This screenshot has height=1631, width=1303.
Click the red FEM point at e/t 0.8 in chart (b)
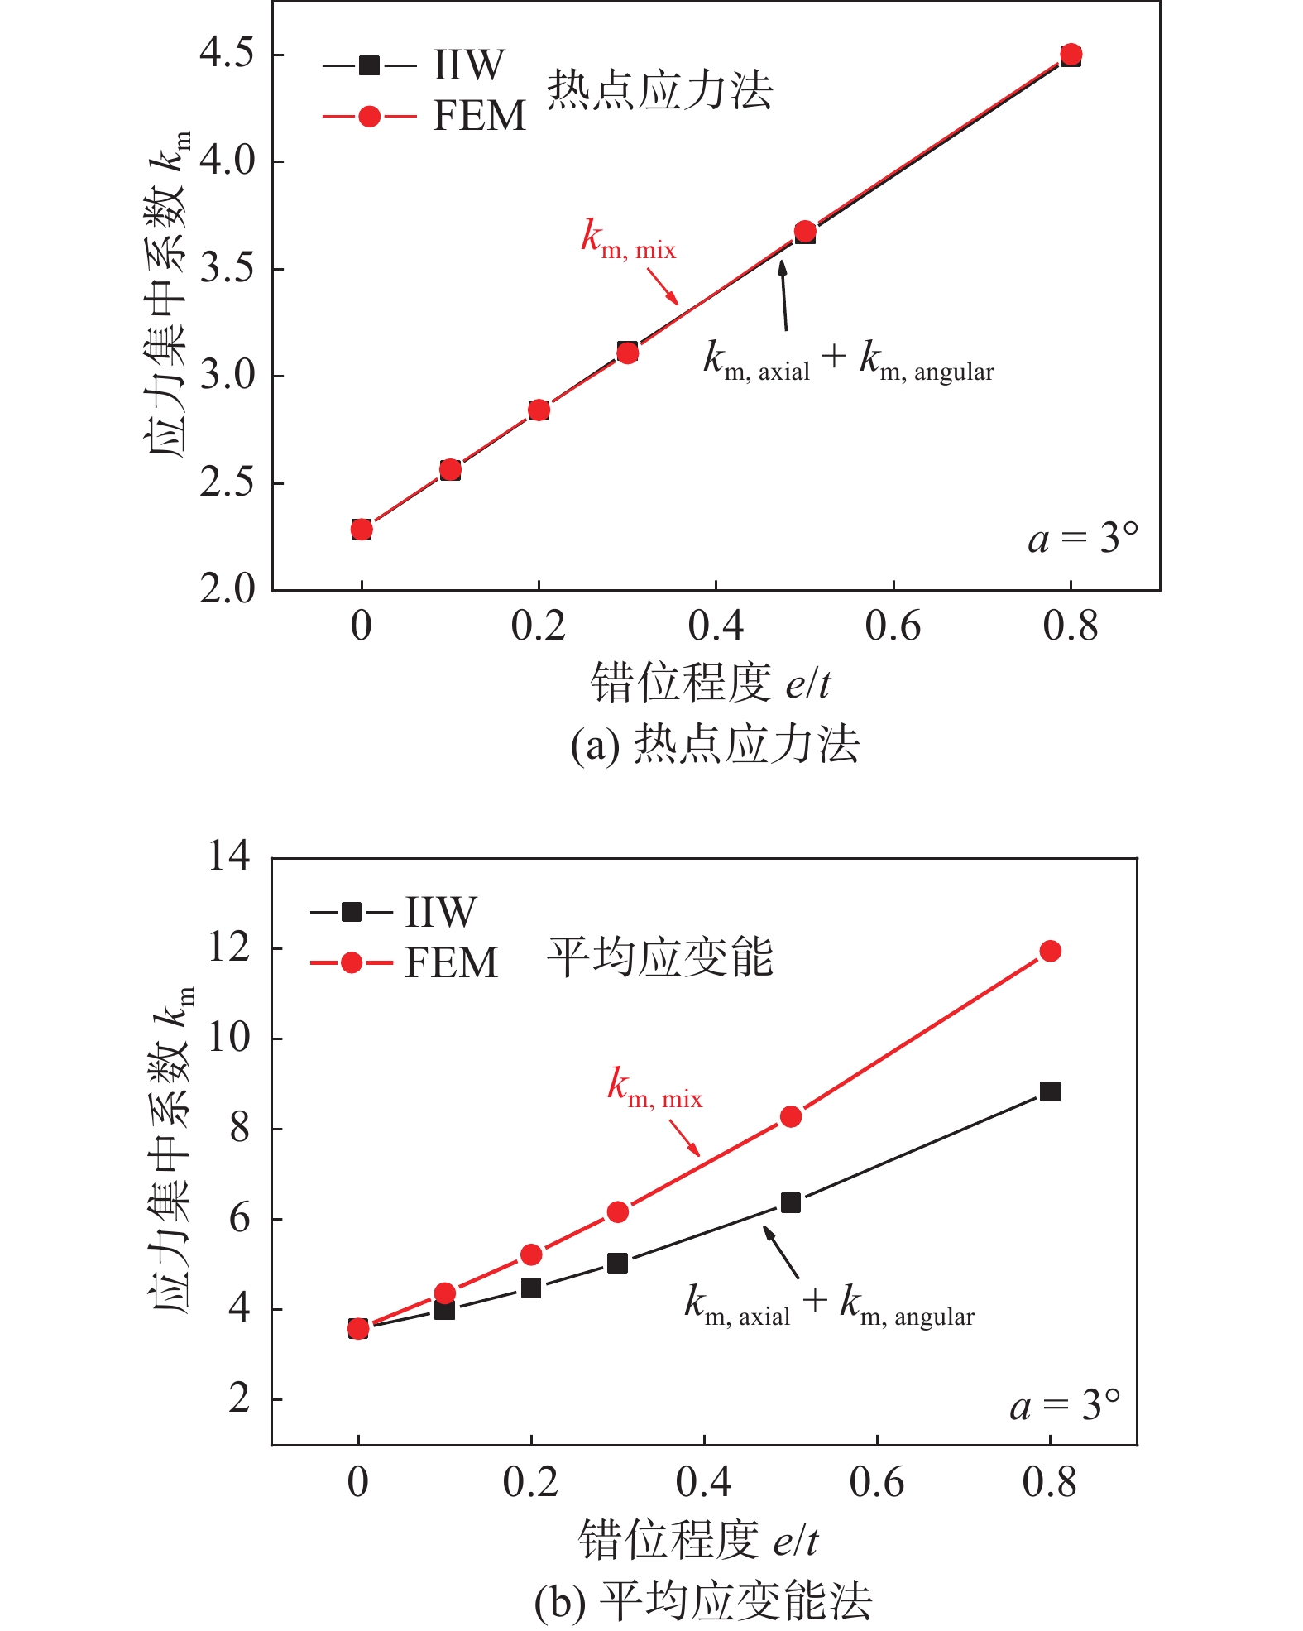(x=1050, y=951)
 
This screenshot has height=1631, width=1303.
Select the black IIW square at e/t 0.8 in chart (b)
(x=1050, y=1091)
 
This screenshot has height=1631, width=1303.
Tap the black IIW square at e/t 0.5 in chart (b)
(x=791, y=1202)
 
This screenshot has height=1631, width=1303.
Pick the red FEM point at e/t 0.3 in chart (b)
(x=617, y=1212)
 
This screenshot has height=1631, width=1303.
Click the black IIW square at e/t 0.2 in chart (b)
(x=531, y=1288)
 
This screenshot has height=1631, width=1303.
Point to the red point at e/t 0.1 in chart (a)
(x=450, y=470)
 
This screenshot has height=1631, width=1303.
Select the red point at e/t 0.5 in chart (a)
(x=805, y=231)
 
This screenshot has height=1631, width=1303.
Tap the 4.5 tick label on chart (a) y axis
(x=227, y=54)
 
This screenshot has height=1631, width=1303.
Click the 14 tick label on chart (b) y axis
(x=228, y=856)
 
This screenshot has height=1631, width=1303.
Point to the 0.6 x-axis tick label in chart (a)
(x=893, y=626)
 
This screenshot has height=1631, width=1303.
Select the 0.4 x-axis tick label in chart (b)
(x=703, y=1483)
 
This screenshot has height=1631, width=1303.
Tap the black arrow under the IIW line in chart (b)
(x=781, y=1253)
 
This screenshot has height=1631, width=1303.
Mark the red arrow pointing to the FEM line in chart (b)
(x=684, y=1138)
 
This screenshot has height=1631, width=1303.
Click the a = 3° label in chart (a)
(x=1083, y=539)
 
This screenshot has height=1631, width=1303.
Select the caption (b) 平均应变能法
(x=703, y=1601)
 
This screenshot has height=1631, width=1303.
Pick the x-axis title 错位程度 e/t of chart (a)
(x=710, y=684)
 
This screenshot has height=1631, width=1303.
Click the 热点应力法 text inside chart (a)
(x=659, y=89)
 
